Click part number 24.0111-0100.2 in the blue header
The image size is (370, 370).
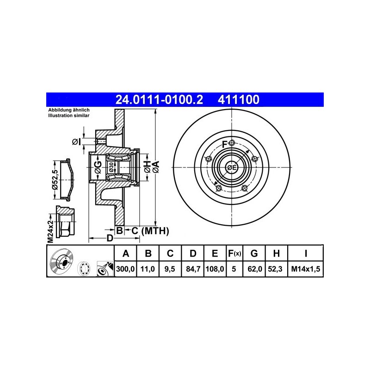[x=159, y=99]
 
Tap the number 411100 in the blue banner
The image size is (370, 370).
[x=239, y=99]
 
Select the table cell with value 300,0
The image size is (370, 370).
[x=125, y=269]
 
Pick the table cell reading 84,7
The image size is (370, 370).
[x=193, y=269]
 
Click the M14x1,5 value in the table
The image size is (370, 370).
[x=306, y=269]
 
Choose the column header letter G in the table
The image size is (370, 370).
[x=254, y=253]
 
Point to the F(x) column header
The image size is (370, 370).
[x=234, y=253]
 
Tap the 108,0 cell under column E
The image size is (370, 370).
[x=215, y=269]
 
